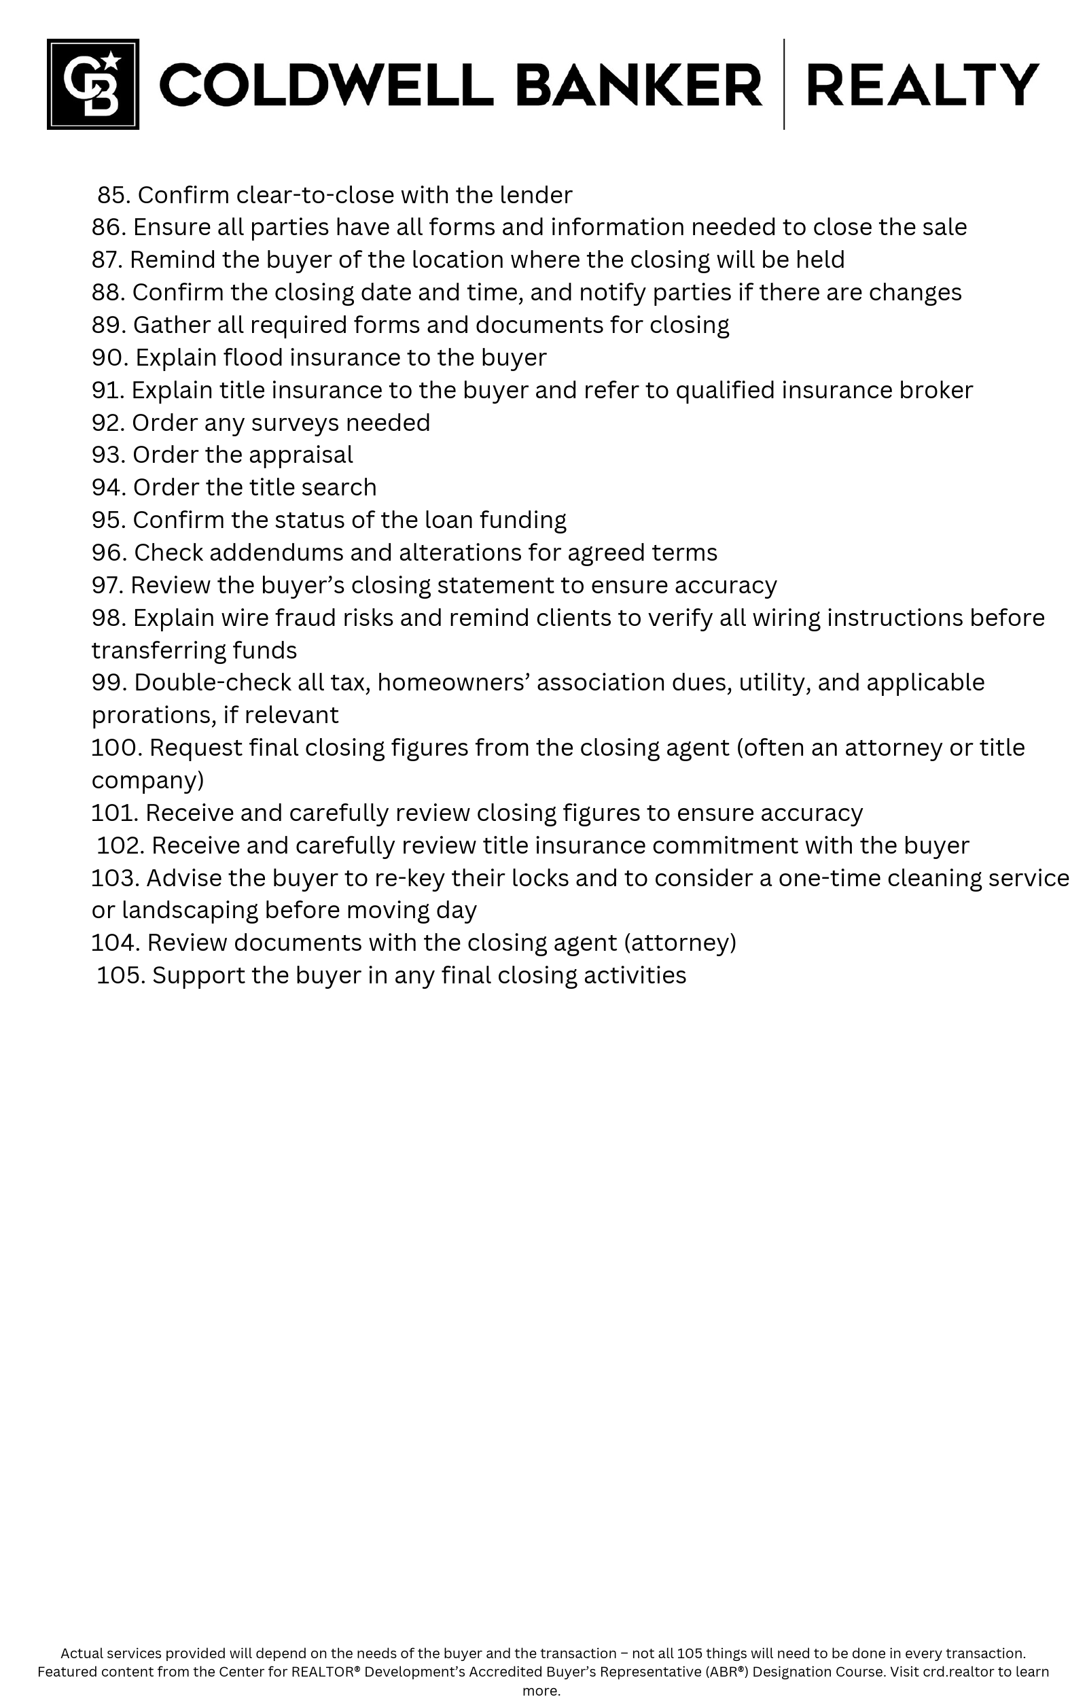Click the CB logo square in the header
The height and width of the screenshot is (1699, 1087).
click(92, 84)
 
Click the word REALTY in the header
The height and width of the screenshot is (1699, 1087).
click(922, 85)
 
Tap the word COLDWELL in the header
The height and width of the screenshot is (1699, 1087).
click(326, 85)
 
